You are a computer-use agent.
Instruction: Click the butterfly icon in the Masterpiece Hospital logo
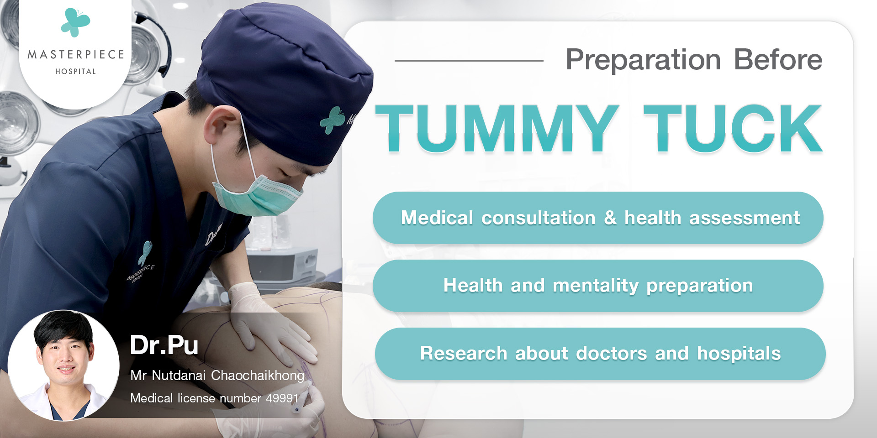point(75,22)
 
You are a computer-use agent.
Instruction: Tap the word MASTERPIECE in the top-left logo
point(76,55)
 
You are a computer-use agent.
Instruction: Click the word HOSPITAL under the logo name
point(76,71)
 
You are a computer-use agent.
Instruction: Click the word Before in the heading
point(778,60)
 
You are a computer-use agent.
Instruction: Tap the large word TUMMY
point(497,128)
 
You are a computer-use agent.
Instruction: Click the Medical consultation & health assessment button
point(598,218)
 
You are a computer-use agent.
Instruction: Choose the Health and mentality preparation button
point(598,286)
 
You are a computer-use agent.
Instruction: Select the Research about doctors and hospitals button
point(600,354)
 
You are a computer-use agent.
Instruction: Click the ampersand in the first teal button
point(610,218)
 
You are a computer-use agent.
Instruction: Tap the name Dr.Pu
point(164,345)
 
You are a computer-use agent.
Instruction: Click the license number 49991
point(282,398)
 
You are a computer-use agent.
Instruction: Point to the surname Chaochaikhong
point(258,375)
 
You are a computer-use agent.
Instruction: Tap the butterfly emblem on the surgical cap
point(332,120)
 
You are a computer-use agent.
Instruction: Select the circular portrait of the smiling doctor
point(63,365)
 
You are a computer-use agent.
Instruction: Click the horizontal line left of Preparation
point(469,60)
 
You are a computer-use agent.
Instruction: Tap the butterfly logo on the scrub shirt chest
point(145,253)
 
